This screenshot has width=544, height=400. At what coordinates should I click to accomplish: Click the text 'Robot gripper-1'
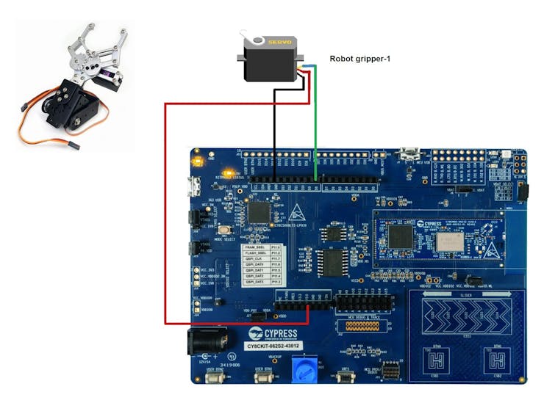(x=358, y=59)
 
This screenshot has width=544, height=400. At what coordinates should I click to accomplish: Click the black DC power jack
(x=200, y=342)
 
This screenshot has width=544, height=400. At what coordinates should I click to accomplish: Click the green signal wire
(x=315, y=125)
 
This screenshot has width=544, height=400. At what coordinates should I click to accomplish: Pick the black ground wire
(x=274, y=132)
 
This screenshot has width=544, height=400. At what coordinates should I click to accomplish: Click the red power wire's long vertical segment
(x=165, y=213)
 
